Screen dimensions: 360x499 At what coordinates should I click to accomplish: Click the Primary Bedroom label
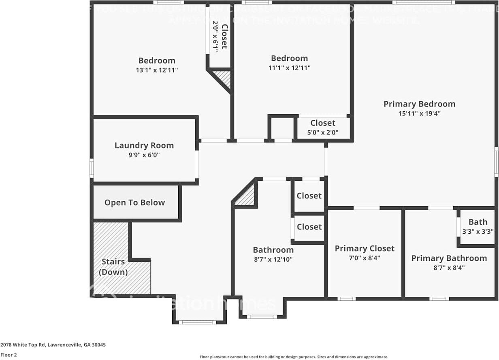[419, 104]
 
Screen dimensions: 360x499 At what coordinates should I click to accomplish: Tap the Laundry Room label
[144, 145]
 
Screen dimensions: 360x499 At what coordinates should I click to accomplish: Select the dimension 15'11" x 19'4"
[419, 114]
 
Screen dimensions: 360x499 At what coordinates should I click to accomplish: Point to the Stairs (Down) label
[113, 267]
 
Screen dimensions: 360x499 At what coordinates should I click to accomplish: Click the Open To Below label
[134, 202]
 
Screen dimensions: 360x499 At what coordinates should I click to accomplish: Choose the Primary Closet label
[364, 248]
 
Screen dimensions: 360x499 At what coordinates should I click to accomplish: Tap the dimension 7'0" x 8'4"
[364, 258]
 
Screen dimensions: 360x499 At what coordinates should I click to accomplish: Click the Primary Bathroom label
[449, 258]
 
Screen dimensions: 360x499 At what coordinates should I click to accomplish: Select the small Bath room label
[478, 222]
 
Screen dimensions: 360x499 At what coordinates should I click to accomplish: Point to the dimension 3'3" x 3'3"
[478, 232]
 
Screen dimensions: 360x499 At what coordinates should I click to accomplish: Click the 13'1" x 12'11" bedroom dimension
[157, 70]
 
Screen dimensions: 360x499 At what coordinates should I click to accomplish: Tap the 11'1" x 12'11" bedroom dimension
[289, 68]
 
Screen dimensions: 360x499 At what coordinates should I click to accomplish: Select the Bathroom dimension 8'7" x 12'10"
[273, 260]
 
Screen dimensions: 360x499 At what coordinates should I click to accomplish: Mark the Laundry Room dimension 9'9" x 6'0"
[144, 155]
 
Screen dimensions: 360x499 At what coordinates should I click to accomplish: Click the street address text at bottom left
[53, 345]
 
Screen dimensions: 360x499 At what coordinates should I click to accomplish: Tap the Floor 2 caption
[9, 355]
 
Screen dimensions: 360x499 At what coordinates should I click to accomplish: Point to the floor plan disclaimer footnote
[294, 357]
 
